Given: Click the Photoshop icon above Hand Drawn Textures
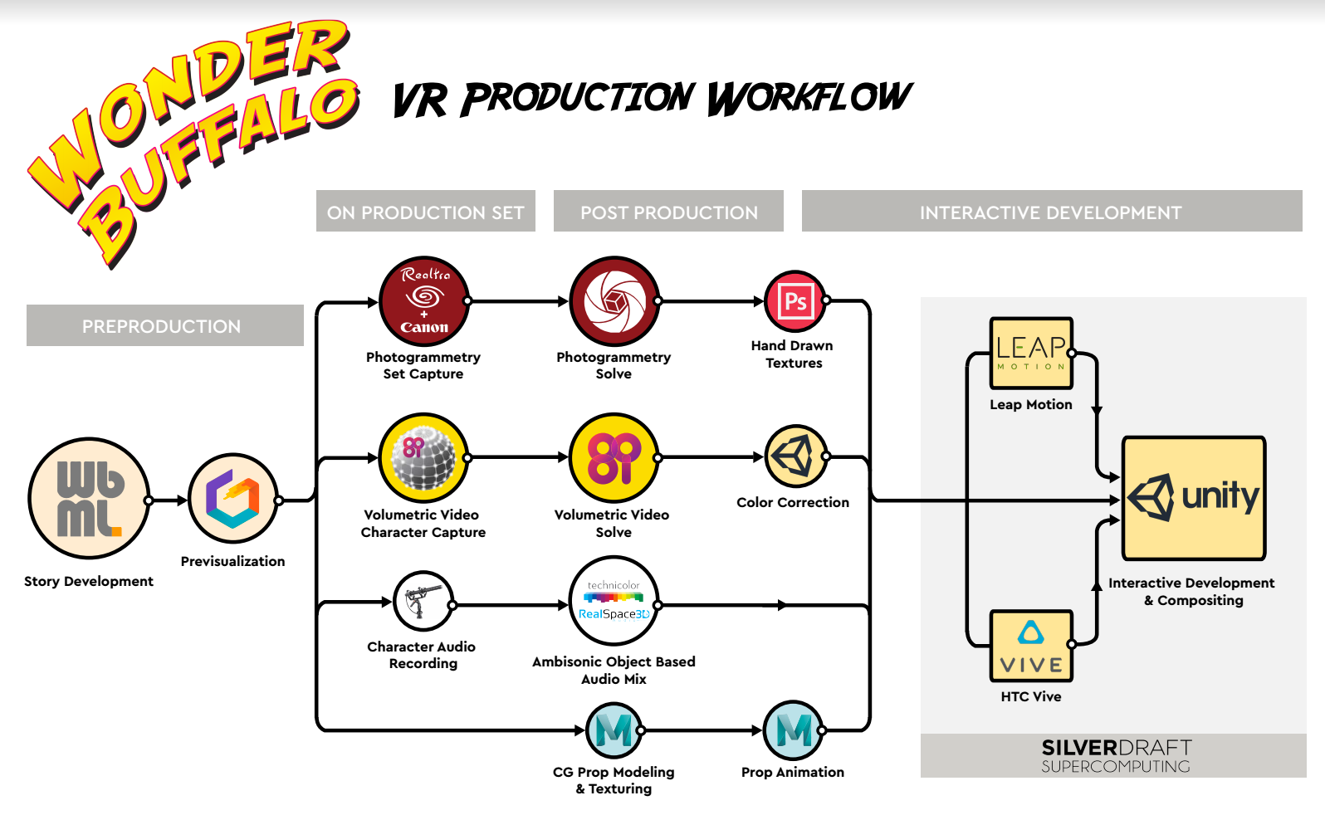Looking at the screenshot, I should [795, 301].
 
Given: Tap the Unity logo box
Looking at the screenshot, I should [1193, 498].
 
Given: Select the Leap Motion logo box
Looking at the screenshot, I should [1031, 354].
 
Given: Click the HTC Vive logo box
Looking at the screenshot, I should [1031, 646].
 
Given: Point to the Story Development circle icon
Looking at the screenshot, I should [89, 499].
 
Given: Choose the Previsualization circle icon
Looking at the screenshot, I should [233, 498].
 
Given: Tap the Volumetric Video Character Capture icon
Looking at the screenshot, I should [424, 457].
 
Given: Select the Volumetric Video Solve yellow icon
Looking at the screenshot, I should [614, 457].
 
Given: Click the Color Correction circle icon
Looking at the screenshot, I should [795, 456].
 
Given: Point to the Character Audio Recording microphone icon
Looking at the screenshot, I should [423, 602].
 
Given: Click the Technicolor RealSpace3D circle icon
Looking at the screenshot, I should [614, 601].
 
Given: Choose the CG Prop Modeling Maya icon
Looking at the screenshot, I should [614, 730].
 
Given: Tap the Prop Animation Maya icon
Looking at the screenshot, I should [794, 730].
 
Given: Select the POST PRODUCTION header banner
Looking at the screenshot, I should [668, 212].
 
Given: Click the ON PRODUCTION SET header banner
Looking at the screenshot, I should [425, 212].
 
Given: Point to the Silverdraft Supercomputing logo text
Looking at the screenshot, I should [1116, 756].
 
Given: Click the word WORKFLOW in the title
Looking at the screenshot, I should [809, 98].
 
